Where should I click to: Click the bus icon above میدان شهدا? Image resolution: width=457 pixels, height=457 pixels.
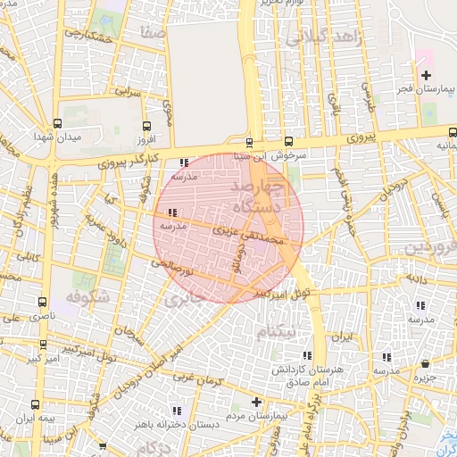pos(58,124)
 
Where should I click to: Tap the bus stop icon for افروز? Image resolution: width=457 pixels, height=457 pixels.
pos(147,126)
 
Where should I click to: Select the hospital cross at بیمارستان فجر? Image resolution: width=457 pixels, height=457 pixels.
pos(426,75)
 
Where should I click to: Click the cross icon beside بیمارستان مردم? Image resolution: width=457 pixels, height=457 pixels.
pos(257,402)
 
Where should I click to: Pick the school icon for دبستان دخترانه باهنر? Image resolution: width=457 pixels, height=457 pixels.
pos(177,411)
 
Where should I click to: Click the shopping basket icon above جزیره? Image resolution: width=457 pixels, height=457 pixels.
pos(425,364)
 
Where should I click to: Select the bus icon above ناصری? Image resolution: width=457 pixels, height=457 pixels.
pos(43,303)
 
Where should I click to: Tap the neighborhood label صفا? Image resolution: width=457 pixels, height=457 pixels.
pos(153,32)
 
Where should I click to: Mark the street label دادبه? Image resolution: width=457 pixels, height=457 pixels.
pos(420,279)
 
